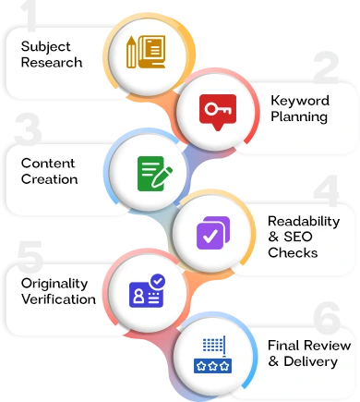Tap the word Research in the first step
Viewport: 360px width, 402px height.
[52, 63]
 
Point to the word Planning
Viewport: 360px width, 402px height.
[299, 116]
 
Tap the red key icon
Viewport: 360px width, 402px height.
[217, 111]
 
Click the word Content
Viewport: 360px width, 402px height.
[49, 164]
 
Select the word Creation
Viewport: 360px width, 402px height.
[50, 178]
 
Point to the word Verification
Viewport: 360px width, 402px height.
[59, 298]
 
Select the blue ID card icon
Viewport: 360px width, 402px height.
[148, 292]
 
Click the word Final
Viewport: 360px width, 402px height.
[283, 346]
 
